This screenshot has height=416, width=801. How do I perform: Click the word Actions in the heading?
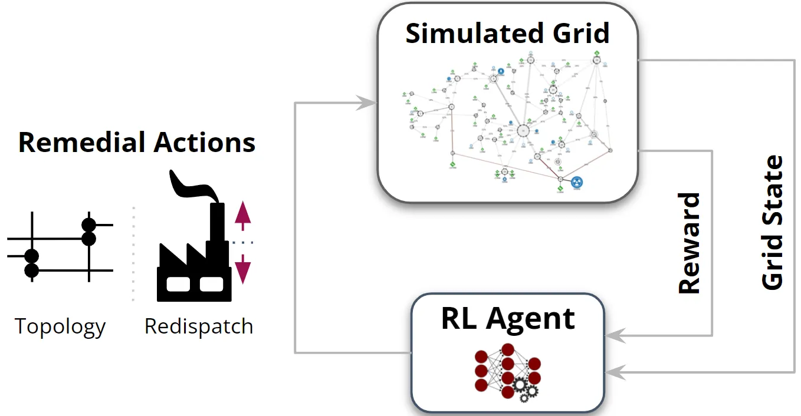[x=205, y=143]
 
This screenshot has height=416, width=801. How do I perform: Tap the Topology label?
[x=60, y=326]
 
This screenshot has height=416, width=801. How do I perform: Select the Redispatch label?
[x=199, y=326]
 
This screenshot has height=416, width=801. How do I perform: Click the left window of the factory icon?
[x=178, y=284]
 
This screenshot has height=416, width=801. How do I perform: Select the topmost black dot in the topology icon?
[x=88, y=224]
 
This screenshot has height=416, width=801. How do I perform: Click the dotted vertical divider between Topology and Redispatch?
[x=133, y=253]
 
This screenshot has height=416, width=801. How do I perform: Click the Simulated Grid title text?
[x=507, y=34]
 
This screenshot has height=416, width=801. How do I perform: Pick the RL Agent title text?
[x=508, y=319]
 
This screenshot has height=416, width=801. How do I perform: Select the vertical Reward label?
[x=689, y=243]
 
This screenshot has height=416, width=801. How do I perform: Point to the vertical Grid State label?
[x=773, y=223]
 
